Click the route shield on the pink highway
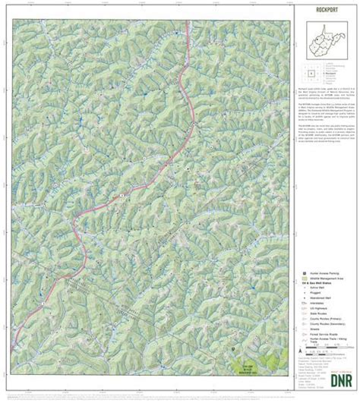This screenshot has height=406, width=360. pos(122,197)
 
